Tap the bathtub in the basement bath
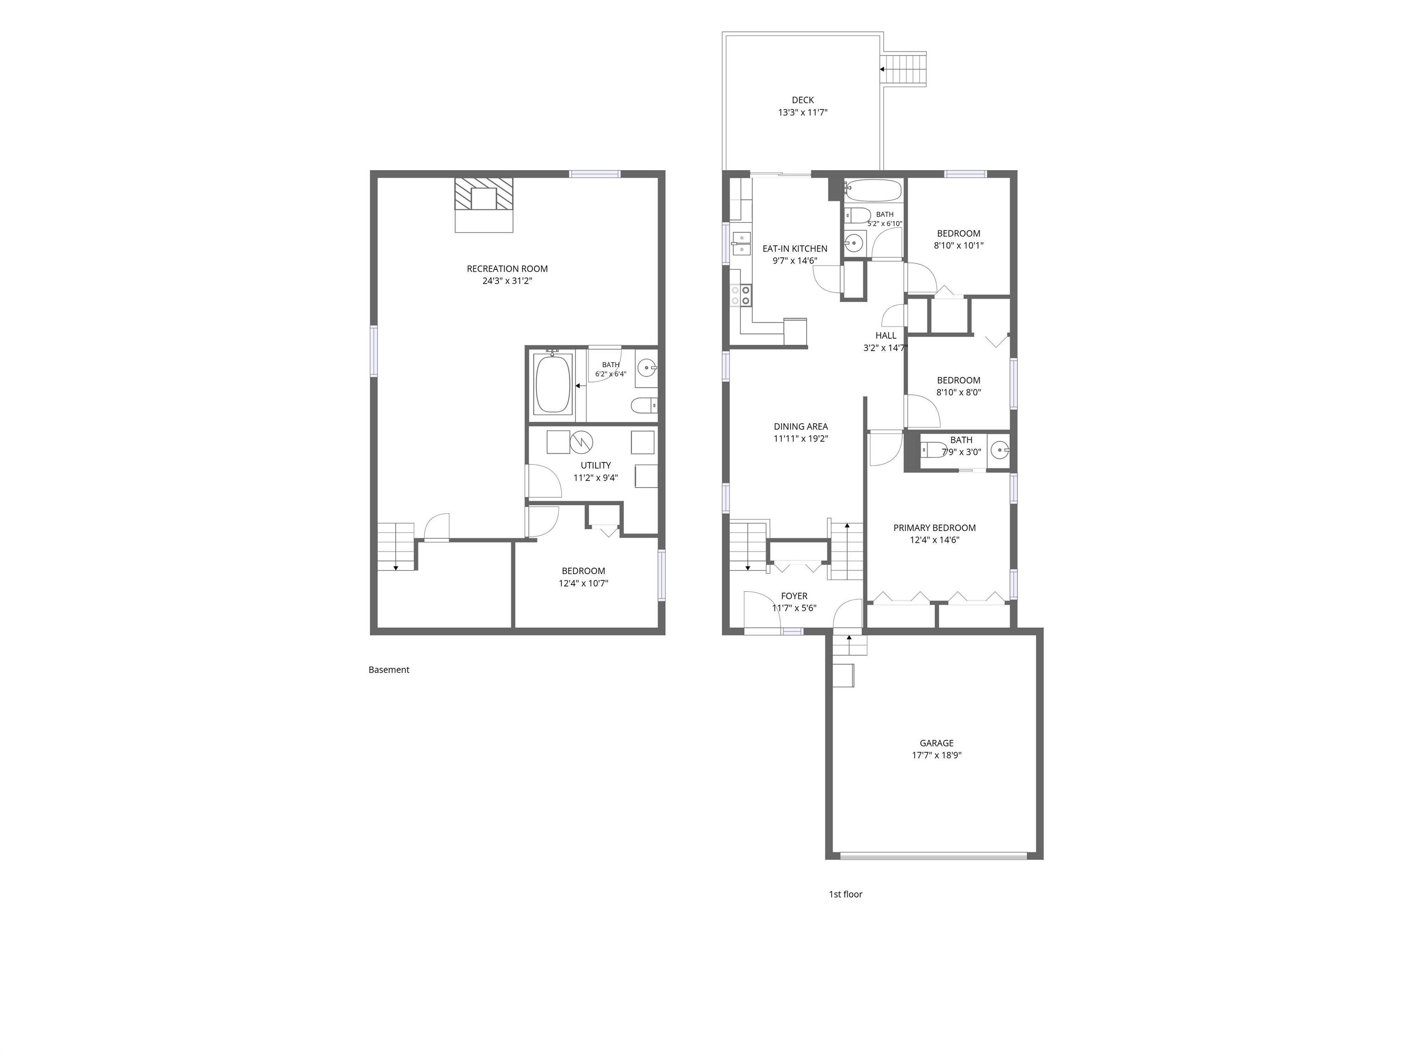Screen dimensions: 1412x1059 pyautogui.click(x=553, y=384)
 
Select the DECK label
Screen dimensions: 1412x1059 pyautogui.click(x=803, y=100)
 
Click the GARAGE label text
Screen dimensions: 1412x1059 pyautogui.click(x=936, y=743)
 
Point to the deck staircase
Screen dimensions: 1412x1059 pyautogui.click(x=903, y=69)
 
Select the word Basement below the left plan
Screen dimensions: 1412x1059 pyautogui.click(x=389, y=670)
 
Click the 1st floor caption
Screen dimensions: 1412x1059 pyautogui.click(x=845, y=894)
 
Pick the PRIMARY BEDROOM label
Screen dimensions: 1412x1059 pyautogui.click(x=934, y=528)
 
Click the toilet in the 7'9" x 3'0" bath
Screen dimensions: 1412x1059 pyautogui.click(x=934, y=450)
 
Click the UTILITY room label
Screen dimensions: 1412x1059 pyautogui.click(x=596, y=465)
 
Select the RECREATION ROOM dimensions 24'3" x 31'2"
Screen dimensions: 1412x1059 pyautogui.click(x=507, y=281)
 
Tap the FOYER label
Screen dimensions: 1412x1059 pyautogui.click(x=794, y=596)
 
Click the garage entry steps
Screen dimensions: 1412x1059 pyautogui.click(x=849, y=645)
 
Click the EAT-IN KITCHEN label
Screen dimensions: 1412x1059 pyautogui.click(x=795, y=249)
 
